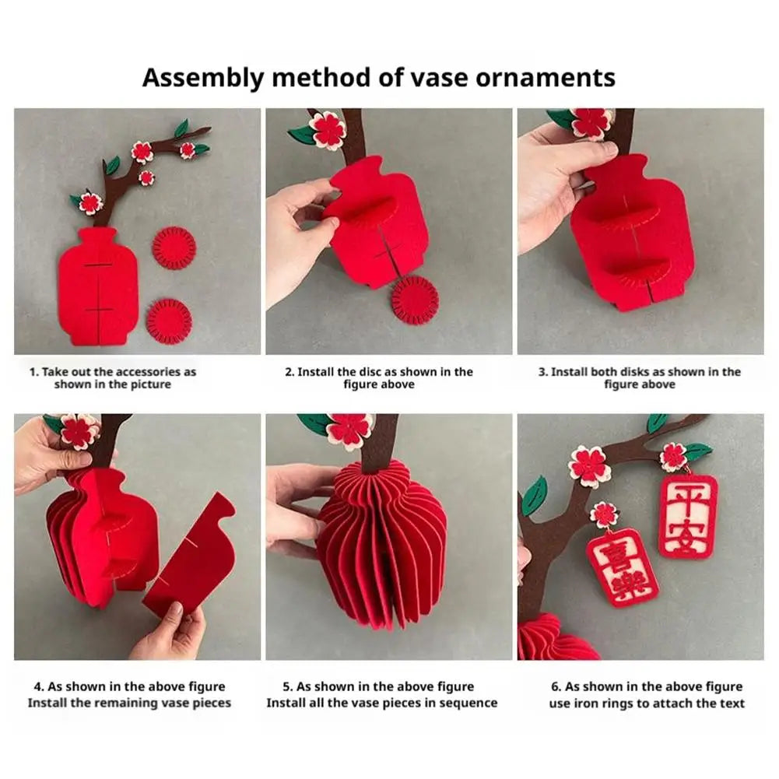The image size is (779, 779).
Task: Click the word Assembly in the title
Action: (x=203, y=79)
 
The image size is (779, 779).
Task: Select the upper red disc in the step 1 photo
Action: (x=174, y=248)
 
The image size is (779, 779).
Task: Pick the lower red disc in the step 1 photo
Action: (x=170, y=321)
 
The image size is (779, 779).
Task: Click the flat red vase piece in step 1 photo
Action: (x=98, y=286)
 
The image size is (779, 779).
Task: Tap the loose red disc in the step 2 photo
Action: (x=415, y=300)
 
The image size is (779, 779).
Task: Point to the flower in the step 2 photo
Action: (x=328, y=131)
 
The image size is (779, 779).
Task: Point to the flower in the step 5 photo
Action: (x=349, y=430)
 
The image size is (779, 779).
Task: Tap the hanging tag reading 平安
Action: (x=689, y=518)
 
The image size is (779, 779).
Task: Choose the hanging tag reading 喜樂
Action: (x=623, y=568)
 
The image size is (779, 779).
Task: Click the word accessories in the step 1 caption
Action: (x=149, y=372)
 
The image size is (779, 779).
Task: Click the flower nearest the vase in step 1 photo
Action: (x=90, y=202)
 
